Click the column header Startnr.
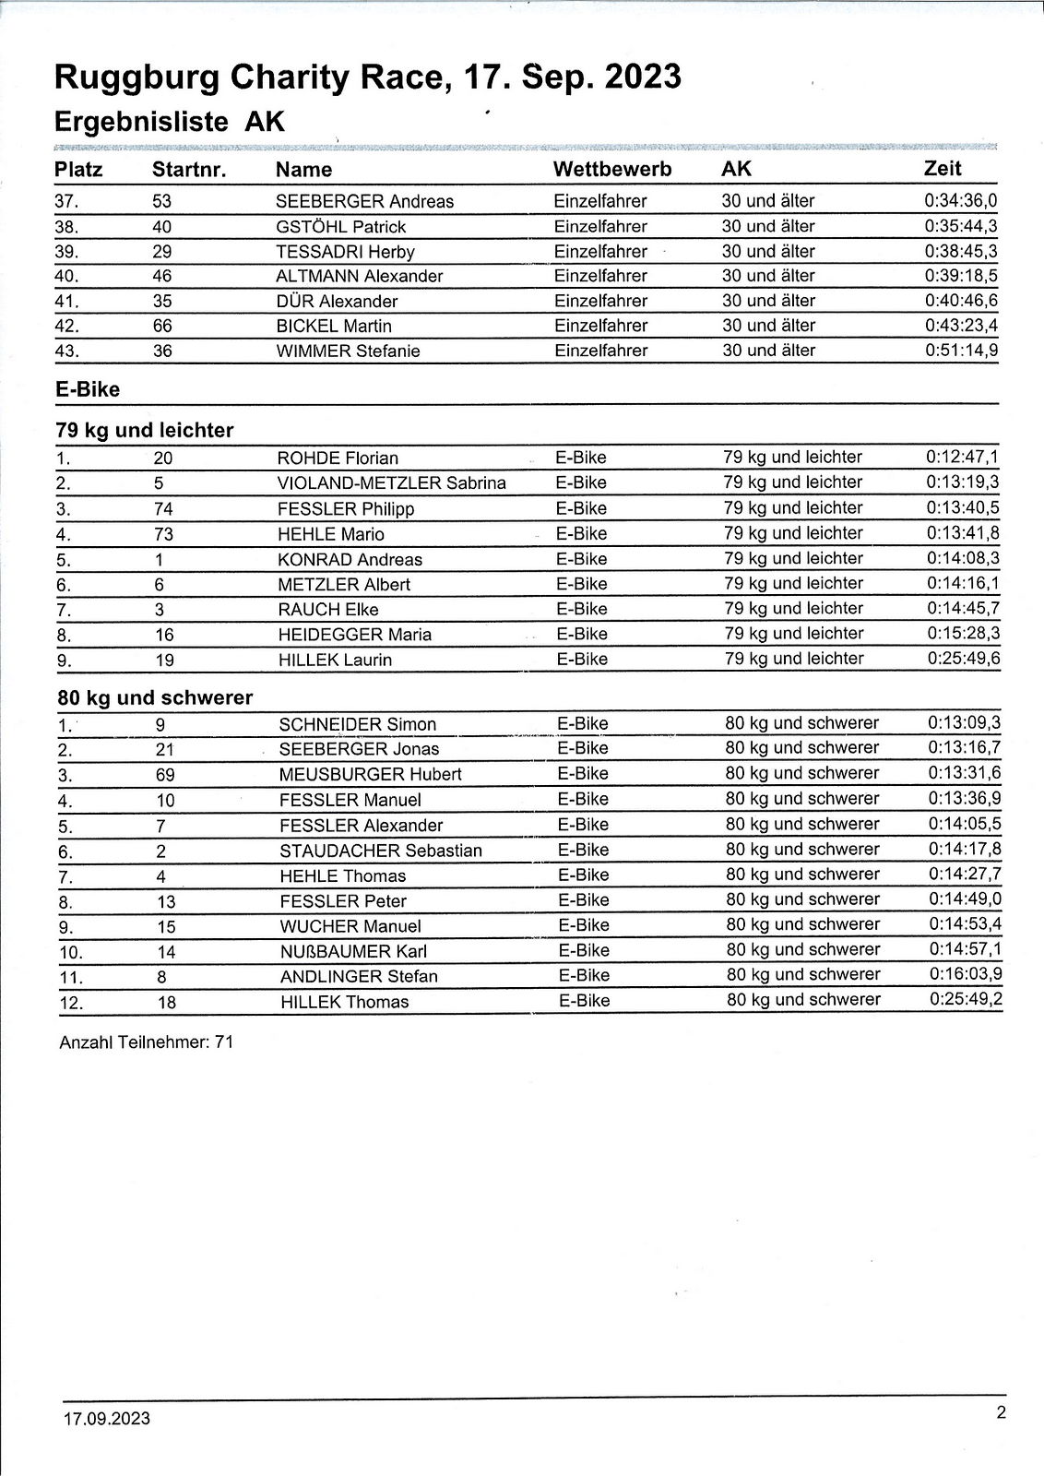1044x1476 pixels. (x=189, y=170)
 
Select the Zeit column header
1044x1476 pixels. (x=943, y=169)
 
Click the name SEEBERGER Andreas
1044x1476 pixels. (x=365, y=202)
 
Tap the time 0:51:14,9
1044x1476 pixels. (x=961, y=351)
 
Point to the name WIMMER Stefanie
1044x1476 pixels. (x=349, y=351)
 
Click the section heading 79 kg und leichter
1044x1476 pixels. (x=145, y=431)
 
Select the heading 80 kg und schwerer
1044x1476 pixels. (x=154, y=698)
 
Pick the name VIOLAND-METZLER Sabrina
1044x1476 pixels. (x=391, y=483)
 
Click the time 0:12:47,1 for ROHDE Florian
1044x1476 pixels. (x=962, y=458)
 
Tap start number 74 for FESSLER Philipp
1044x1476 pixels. (x=164, y=509)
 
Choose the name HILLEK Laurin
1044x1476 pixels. (x=335, y=661)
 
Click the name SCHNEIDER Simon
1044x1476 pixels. (x=358, y=725)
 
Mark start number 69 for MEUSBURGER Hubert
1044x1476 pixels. (x=165, y=775)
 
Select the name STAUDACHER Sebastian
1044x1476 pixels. (x=380, y=851)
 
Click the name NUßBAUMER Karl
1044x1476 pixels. (x=353, y=952)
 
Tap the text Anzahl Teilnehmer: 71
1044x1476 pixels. (x=146, y=1043)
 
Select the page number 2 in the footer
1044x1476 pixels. (x=1001, y=1411)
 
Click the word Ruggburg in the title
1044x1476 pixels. (x=136, y=77)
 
